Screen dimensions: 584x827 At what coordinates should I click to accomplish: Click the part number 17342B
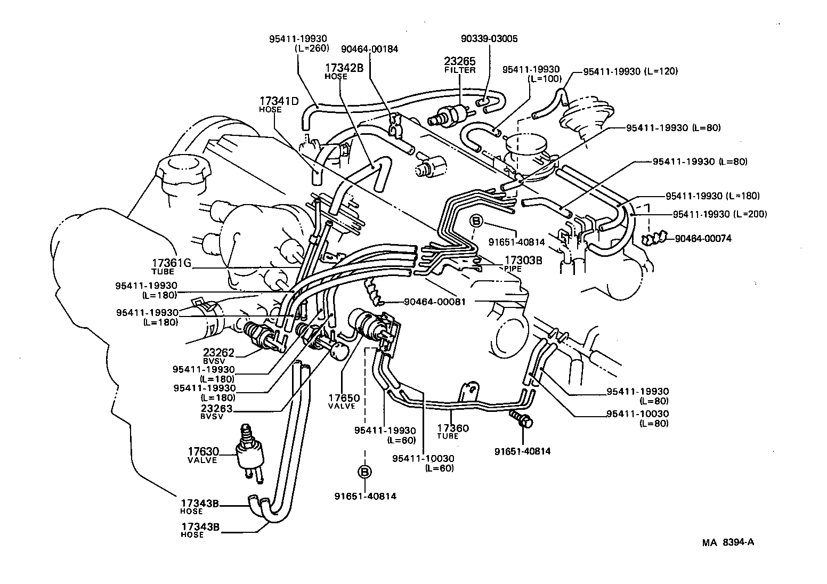pyautogui.click(x=344, y=68)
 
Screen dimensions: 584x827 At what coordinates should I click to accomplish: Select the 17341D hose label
pyautogui.click(x=279, y=101)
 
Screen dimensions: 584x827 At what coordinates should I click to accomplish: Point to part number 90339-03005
pyautogui.click(x=489, y=39)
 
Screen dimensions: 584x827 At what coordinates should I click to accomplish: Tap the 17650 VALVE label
pyautogui.click(x=344, y=398)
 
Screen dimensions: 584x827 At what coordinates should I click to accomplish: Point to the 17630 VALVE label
pyautogui.click(x=202, y=451)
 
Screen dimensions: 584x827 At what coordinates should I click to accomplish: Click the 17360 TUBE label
pyautogui.click(x=452, y=428)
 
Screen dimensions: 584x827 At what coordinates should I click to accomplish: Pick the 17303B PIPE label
pyautogui.click(x=515, y=261)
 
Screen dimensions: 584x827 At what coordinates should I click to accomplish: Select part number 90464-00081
pyautogui.click(x=435, y=302)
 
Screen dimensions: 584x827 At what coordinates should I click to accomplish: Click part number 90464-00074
pyautogui.click(x=703, y=239)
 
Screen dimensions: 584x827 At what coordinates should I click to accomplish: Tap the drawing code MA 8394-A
pyautogui.click(x=727, y=542)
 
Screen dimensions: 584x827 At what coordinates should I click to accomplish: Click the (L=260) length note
pyautogui.click(x=312, y=47)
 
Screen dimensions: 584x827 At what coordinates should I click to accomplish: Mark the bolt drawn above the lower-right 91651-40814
pyautogui.click(x=522, y=419)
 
